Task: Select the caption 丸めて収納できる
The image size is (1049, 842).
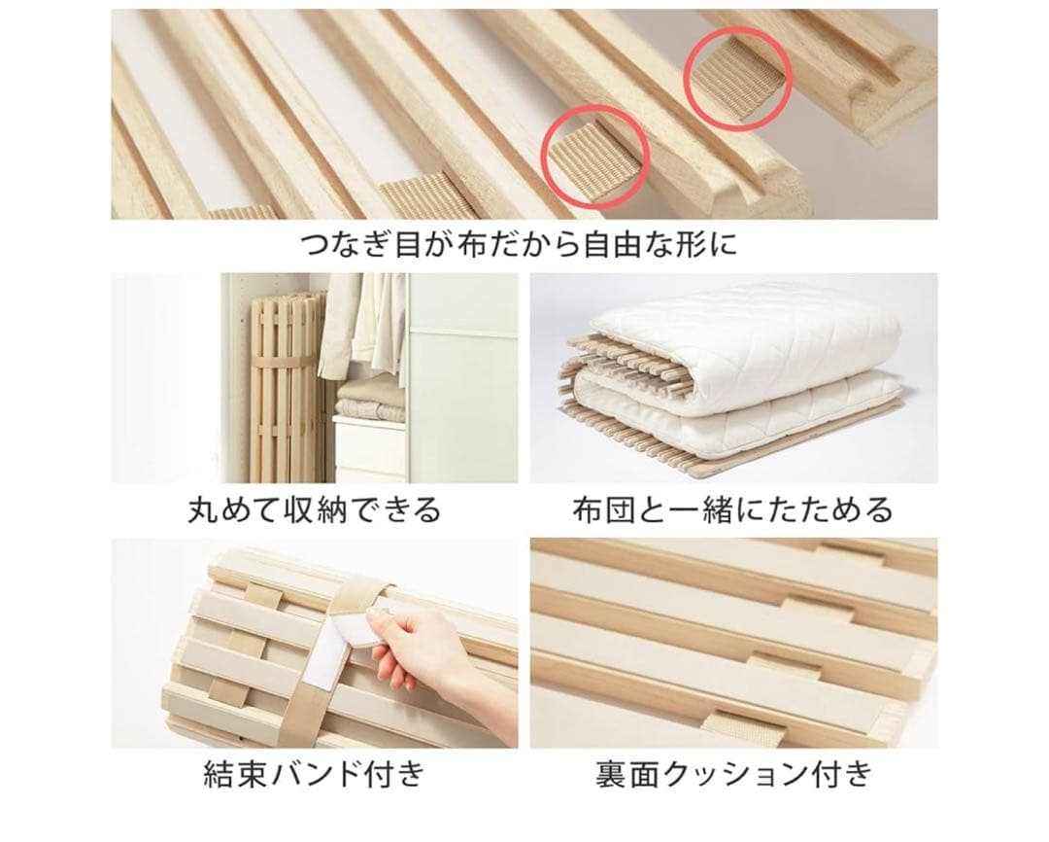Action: [315, 509]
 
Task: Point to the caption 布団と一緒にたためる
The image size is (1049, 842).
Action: [732, 509]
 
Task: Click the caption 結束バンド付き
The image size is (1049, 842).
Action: [314, 774]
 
